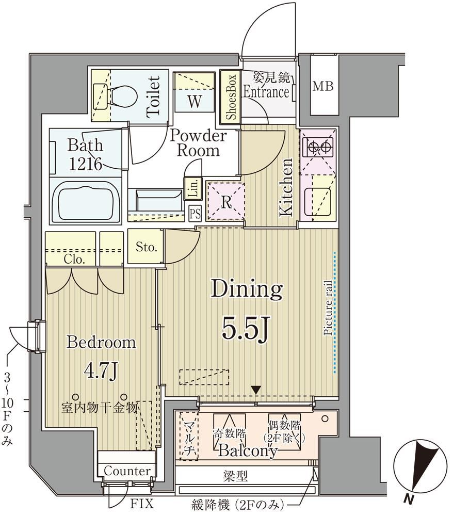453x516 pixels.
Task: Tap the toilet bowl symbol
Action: pos(124,95)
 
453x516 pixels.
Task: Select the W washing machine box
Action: pos(194,92)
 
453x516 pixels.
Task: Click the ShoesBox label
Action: pos(231,96)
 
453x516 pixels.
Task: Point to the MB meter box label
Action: pos(323,86)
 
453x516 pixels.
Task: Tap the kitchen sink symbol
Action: pos(317,200)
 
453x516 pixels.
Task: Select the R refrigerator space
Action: pos(225,201)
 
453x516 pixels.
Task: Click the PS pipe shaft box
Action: pos(195,214)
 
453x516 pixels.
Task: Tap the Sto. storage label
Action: pos(146,248)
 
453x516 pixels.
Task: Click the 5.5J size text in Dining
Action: pos(246,329)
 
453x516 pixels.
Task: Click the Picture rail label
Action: pos(328,308)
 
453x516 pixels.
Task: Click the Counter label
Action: pos(127,471)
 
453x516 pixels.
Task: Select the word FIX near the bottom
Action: pos(142,504)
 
